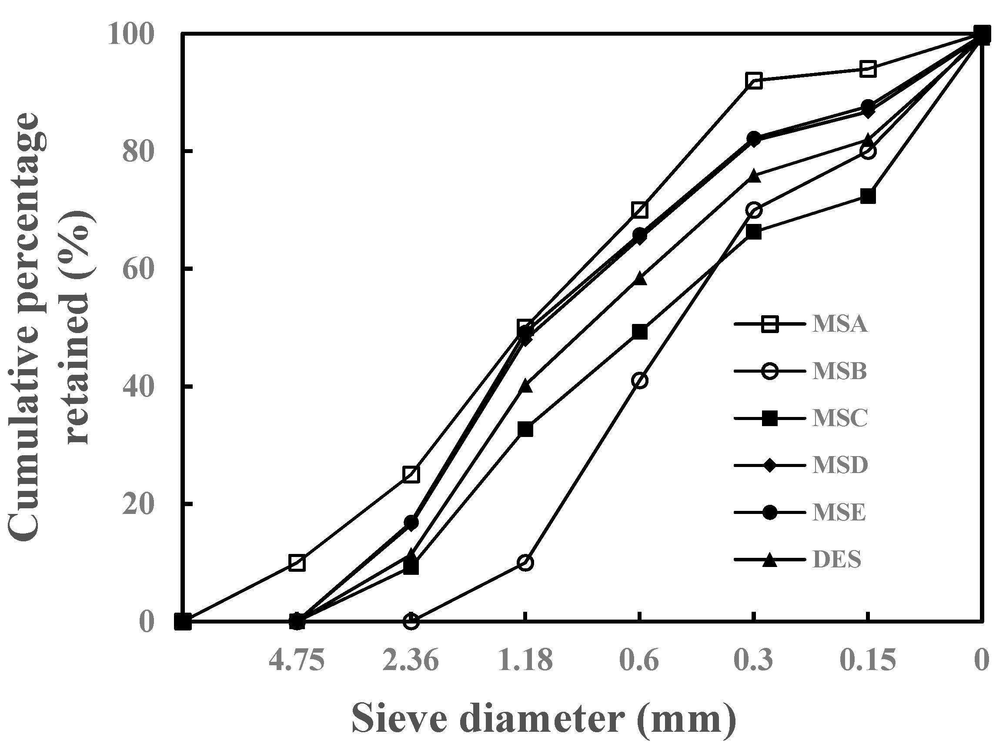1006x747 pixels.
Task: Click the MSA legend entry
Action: [839, 324]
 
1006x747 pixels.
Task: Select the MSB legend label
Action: [839, 371]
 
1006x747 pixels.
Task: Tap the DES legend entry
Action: [836, 559]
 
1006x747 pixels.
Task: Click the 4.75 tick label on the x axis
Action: [297, 660]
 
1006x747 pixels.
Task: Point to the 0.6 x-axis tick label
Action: [639, 660]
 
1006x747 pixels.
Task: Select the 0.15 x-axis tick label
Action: [867, 660]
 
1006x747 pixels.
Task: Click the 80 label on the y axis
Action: [138, 152]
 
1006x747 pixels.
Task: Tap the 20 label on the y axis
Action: [138, 504]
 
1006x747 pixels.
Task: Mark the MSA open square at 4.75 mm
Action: [297, 563]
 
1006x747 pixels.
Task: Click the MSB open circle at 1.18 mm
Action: [525, 563]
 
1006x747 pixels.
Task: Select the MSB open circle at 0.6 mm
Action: [640, 381]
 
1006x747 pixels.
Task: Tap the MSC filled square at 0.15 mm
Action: [868, 196]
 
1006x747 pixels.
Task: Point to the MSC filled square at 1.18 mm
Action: [525, 429]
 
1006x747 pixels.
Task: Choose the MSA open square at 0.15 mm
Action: [868, 69]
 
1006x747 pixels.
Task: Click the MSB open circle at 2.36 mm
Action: [411, 621]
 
